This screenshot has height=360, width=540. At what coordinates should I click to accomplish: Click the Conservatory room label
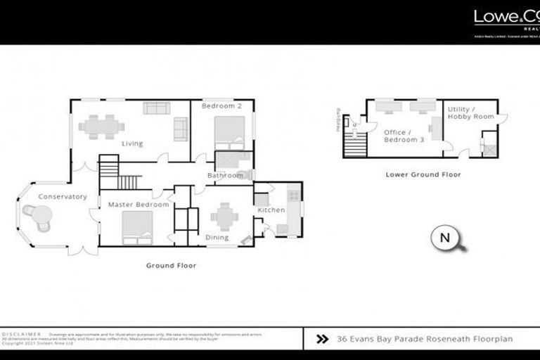click(x=63, y=197)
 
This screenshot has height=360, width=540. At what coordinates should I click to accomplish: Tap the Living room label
click(x=131, y=144)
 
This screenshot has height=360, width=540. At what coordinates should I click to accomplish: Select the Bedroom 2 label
click(x=221, y=106)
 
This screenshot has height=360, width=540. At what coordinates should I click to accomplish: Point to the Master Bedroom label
click(x=138, y=205)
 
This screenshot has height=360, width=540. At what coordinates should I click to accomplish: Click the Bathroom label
click(x=225, y=175)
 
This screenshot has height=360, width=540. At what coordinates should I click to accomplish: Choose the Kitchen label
click(x=271, y=210)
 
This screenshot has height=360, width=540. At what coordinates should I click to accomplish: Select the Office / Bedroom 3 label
click(x=404, y=136)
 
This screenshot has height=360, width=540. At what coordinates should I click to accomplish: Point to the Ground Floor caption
click(x=171, y=266)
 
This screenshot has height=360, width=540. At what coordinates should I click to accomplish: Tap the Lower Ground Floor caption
click(x=423, y=174)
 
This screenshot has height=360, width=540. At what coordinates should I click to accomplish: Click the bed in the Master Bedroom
click(x=137, y=229)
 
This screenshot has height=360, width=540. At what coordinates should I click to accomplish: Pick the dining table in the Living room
click(x=101, y=127)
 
